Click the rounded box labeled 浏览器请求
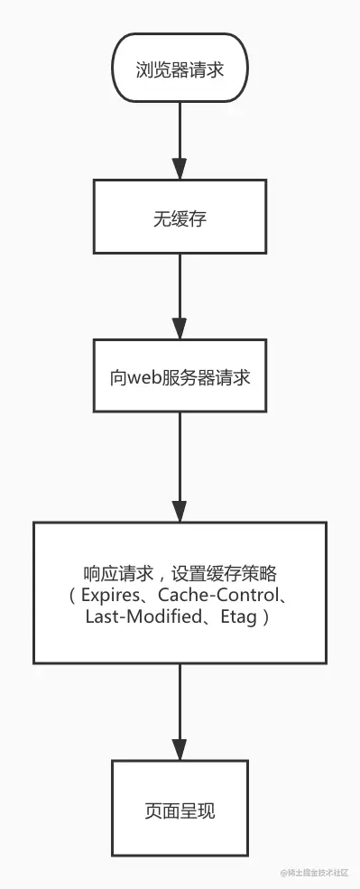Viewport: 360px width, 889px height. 180,68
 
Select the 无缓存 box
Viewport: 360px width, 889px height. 180,218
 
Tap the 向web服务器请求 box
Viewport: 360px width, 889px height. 180,376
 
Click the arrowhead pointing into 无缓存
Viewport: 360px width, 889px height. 180,169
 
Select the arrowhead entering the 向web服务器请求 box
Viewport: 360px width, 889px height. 180,328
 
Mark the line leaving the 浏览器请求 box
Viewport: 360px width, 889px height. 180,126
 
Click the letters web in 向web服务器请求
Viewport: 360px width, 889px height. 143,377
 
